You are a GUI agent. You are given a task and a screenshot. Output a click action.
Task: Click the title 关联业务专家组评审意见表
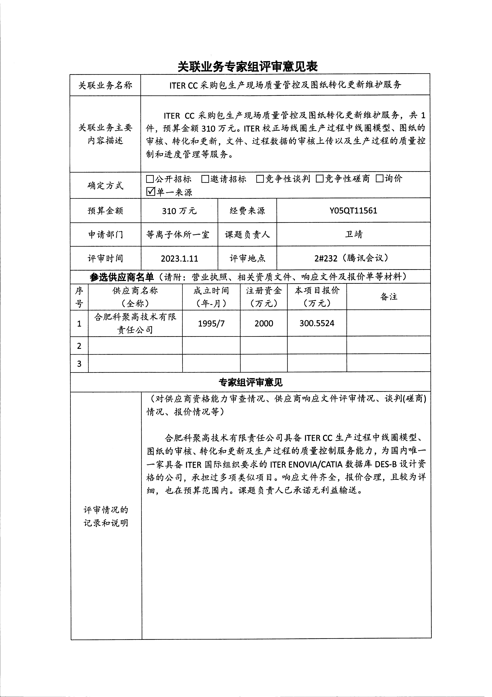point(247,66)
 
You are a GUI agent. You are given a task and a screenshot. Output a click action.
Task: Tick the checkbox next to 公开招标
point(150,179)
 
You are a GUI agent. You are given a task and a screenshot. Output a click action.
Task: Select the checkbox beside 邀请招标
point(205,179)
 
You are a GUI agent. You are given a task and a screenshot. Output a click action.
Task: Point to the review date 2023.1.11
point(179,258)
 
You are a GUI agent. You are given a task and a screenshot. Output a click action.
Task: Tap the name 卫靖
point(354,234)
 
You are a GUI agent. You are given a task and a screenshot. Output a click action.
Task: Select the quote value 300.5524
point(317,323)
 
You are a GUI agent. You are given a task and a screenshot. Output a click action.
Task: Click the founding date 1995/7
point(211,323)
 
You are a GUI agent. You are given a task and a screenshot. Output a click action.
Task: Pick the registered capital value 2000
point(264,323)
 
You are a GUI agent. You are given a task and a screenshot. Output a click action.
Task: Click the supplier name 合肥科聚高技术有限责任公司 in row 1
point(135,323)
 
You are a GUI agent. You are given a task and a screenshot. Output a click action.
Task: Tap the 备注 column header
point(389,297)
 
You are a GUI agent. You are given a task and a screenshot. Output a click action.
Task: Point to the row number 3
point(79,363)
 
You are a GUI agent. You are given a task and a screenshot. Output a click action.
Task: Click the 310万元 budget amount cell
point(179,211)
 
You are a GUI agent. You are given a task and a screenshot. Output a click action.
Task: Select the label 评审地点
point(247,258)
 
